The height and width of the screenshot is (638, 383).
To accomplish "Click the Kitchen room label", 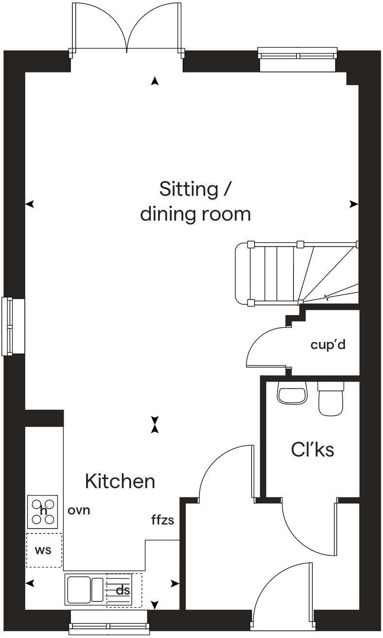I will pos(120,481).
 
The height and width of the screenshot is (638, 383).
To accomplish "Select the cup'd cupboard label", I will pos(328,345).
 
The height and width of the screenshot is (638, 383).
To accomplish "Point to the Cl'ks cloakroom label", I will pos(313,450).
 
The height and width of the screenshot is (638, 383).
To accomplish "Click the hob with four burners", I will pos(42,511).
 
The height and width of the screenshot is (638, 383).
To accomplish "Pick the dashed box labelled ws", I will pos(44,550).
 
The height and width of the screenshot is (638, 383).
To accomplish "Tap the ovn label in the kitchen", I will pos(79,511).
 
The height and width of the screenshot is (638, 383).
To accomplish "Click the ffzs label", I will pos(162,520).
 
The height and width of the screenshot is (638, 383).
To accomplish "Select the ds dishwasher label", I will pos(123,590).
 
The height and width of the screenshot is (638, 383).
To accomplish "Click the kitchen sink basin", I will pos(79,590).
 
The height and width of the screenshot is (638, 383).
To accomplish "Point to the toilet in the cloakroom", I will pos(331,398).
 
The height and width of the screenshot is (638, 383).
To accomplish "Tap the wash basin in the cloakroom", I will pos(292,392).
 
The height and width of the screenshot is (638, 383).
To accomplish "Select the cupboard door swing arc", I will pos(262,340).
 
